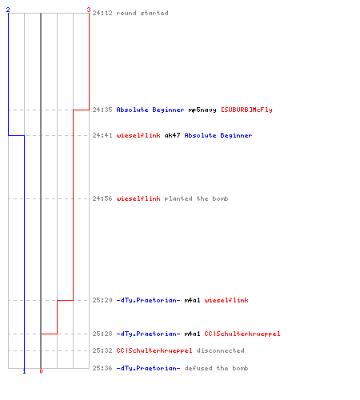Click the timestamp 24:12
(102, 13)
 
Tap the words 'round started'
(142, 13)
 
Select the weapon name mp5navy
(202, 110)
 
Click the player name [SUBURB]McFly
(246, 110)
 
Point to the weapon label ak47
(172, 135)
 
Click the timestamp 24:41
(102, 135)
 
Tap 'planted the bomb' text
(196, 198)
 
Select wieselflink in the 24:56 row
(138, 198)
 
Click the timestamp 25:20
(102, 300)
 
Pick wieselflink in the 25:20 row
(226, 300)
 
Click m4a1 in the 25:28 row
(192, 334)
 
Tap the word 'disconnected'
(220, 350)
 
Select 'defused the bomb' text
(216, 368)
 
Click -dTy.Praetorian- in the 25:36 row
(148, 368)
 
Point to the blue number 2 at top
(8, 10)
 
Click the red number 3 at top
(89, 10)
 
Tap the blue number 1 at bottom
(24, 371)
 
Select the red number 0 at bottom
(41, 371)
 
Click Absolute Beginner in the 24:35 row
(150, 110)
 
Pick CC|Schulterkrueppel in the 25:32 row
(154, 350)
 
